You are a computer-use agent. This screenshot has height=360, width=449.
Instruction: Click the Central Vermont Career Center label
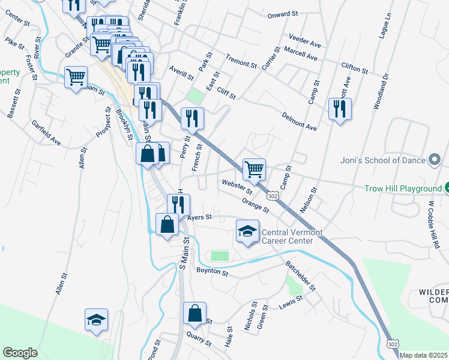[292, 236]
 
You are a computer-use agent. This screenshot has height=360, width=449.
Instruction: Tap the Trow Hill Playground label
[403, 188]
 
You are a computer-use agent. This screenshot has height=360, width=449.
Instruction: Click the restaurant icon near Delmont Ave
[340, 109]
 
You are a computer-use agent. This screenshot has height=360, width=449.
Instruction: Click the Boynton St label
[212, 272]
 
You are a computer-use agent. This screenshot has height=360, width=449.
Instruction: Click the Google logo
[20, 353]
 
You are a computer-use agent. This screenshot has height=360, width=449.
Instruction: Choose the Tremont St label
[241, 60]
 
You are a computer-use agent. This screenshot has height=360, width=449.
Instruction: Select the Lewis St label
[291, 303]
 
